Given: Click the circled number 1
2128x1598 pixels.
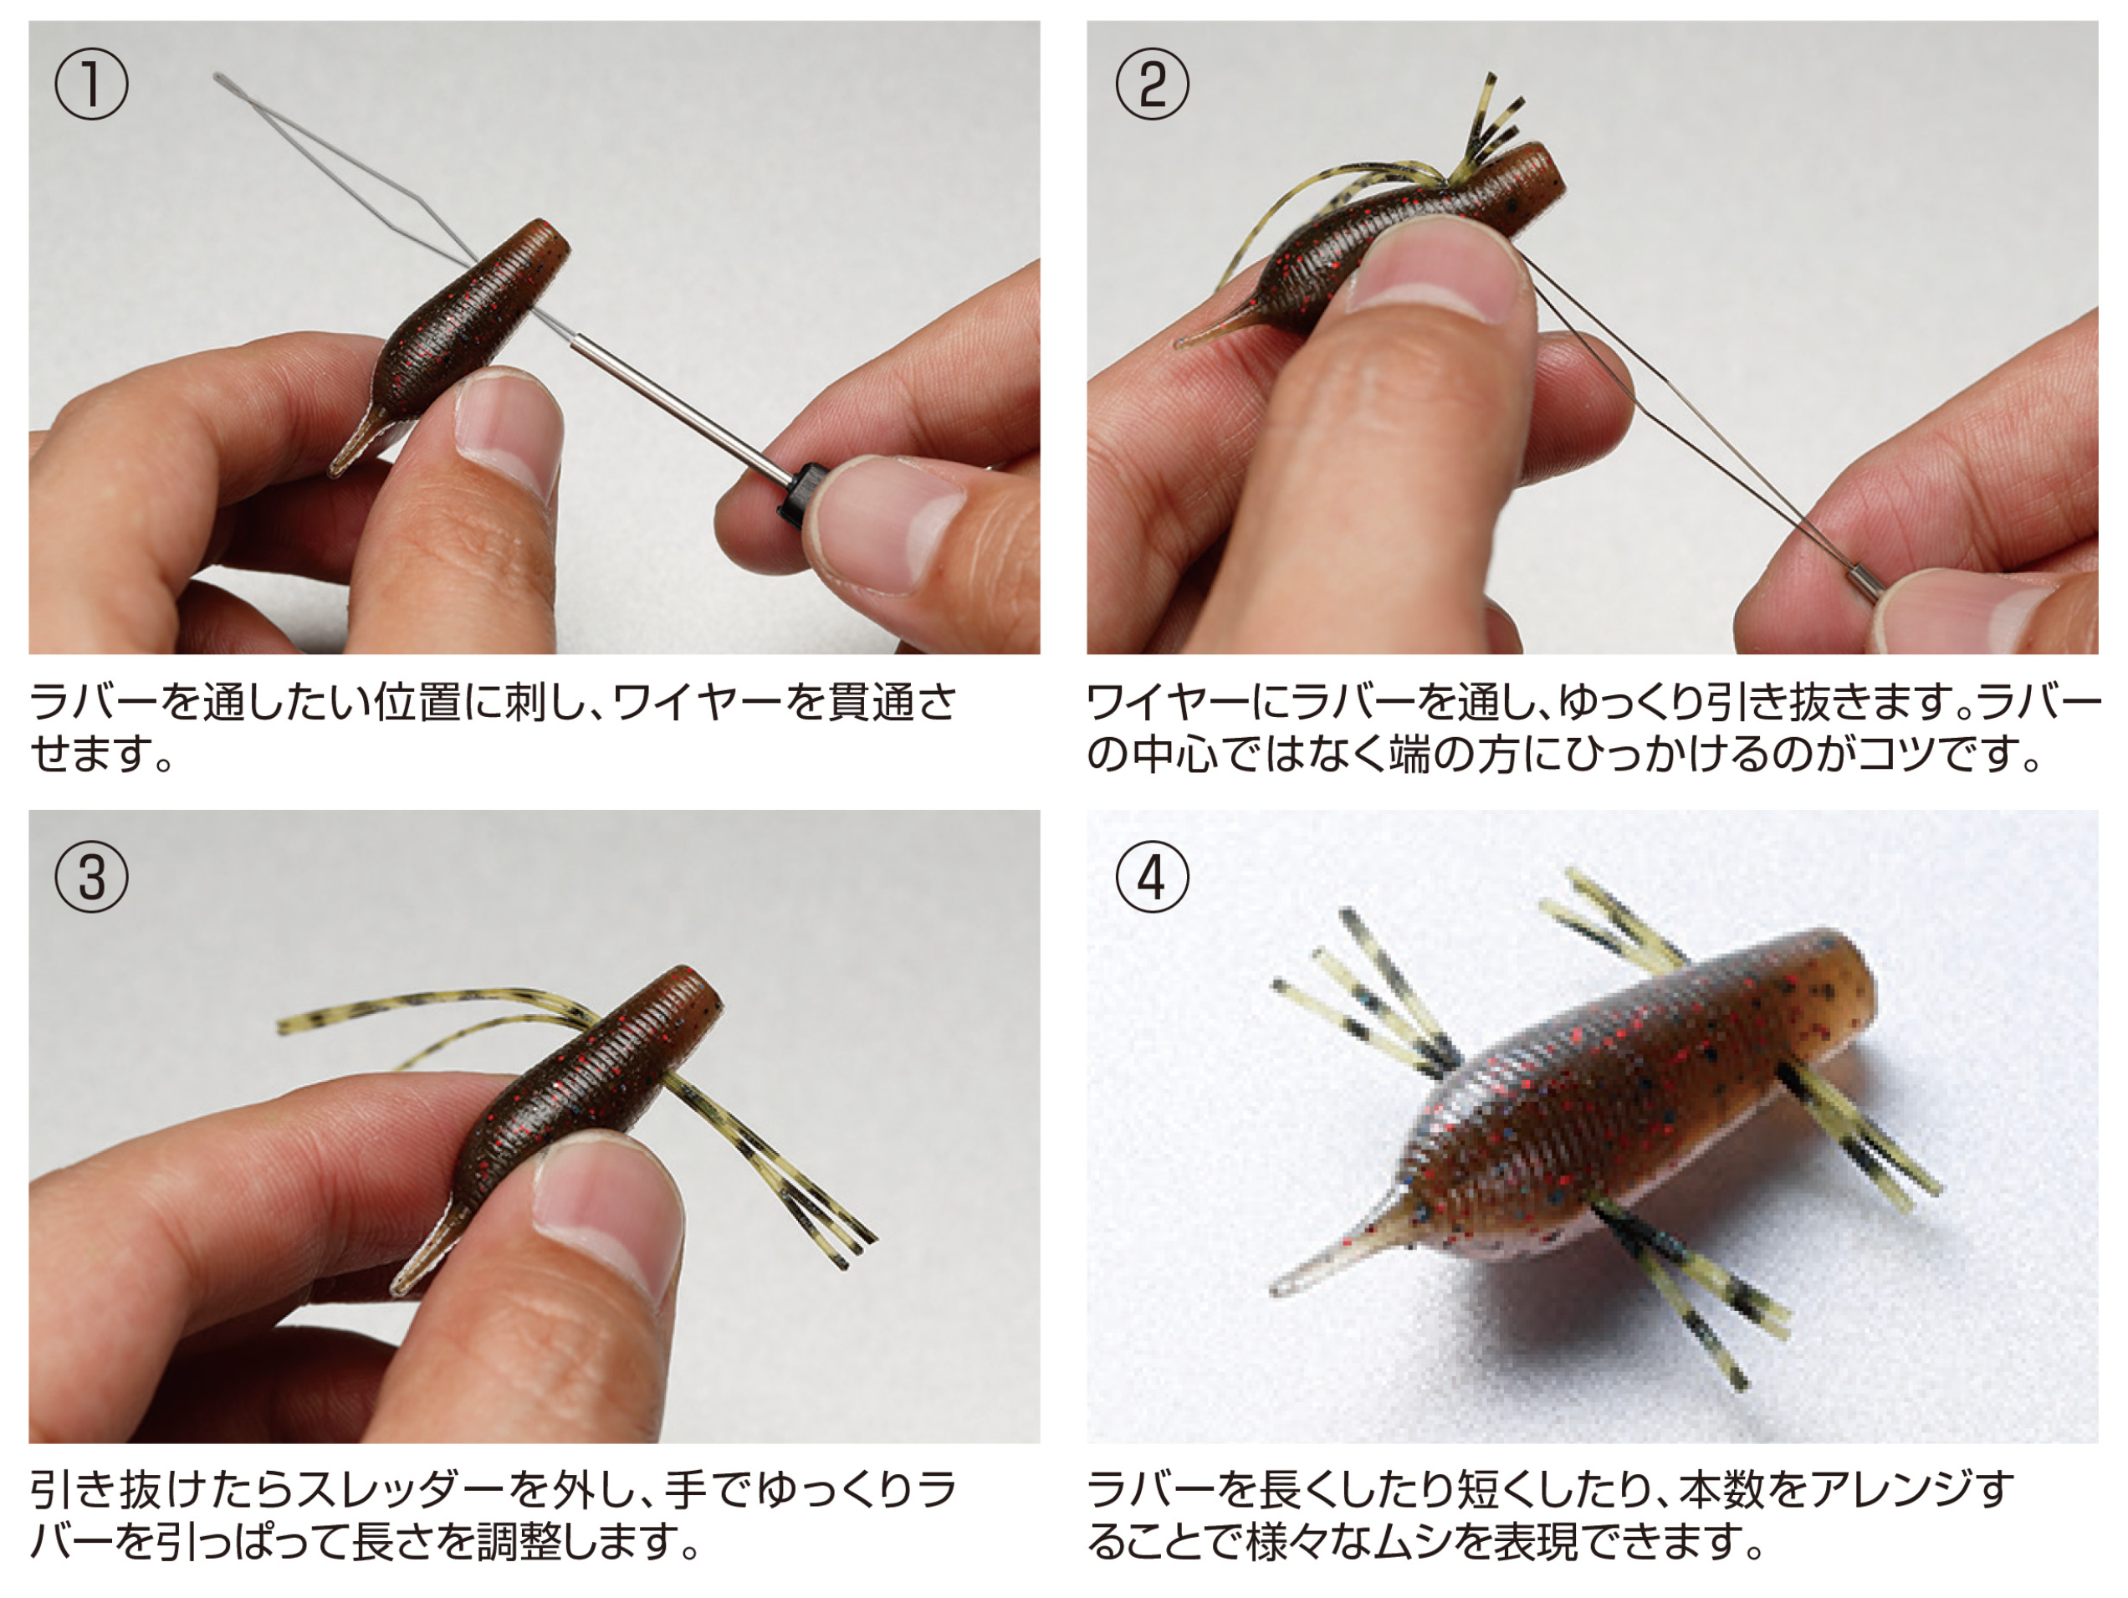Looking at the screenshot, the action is [x=91, y=84].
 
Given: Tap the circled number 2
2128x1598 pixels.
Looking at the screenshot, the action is [x=1152, y=84].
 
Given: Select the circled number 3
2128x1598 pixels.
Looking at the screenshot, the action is [x=91, y=877].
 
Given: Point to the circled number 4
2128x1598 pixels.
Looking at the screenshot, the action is [x=1152, y=877].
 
